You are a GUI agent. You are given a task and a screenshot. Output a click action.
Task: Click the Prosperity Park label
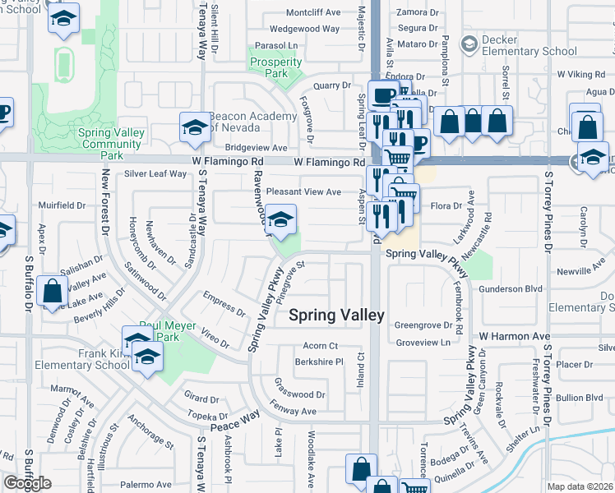coord(276,67)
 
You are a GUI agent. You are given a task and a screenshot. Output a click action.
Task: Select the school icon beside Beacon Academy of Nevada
coord(195,127)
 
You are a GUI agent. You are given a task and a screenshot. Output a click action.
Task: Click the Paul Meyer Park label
coord(168,331)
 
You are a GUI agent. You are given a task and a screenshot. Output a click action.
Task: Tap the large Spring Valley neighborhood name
coord(336,315)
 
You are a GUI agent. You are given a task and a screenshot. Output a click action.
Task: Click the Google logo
coord(27,483)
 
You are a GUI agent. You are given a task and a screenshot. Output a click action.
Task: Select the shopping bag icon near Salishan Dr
coord(52,290)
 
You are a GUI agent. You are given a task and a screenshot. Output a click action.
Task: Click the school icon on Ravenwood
coord(280,220)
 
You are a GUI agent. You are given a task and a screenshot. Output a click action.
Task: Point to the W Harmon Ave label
coord(515,337)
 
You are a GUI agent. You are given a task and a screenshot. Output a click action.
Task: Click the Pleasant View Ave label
coord(303,191)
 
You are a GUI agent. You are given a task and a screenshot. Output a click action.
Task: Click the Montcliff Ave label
coord(312,13)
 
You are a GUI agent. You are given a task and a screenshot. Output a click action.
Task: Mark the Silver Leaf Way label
coord(155,174)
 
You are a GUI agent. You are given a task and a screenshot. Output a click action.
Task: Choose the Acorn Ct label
coord(321,346)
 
